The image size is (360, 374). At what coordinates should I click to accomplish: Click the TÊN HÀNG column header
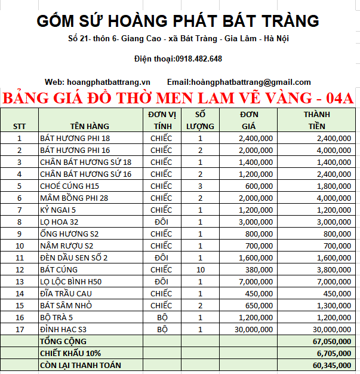click(x=89, y=126)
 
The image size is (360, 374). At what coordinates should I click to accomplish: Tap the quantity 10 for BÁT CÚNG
click(x=201, y=269)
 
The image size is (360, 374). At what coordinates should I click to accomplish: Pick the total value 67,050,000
click(x=331, y=341)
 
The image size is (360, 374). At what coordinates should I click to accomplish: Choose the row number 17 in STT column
click(x=19, y=329)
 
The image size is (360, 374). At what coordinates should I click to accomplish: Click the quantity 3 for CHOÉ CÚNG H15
click(x=201, y=186)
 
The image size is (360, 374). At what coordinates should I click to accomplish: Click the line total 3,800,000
click(x=334, y=269)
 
